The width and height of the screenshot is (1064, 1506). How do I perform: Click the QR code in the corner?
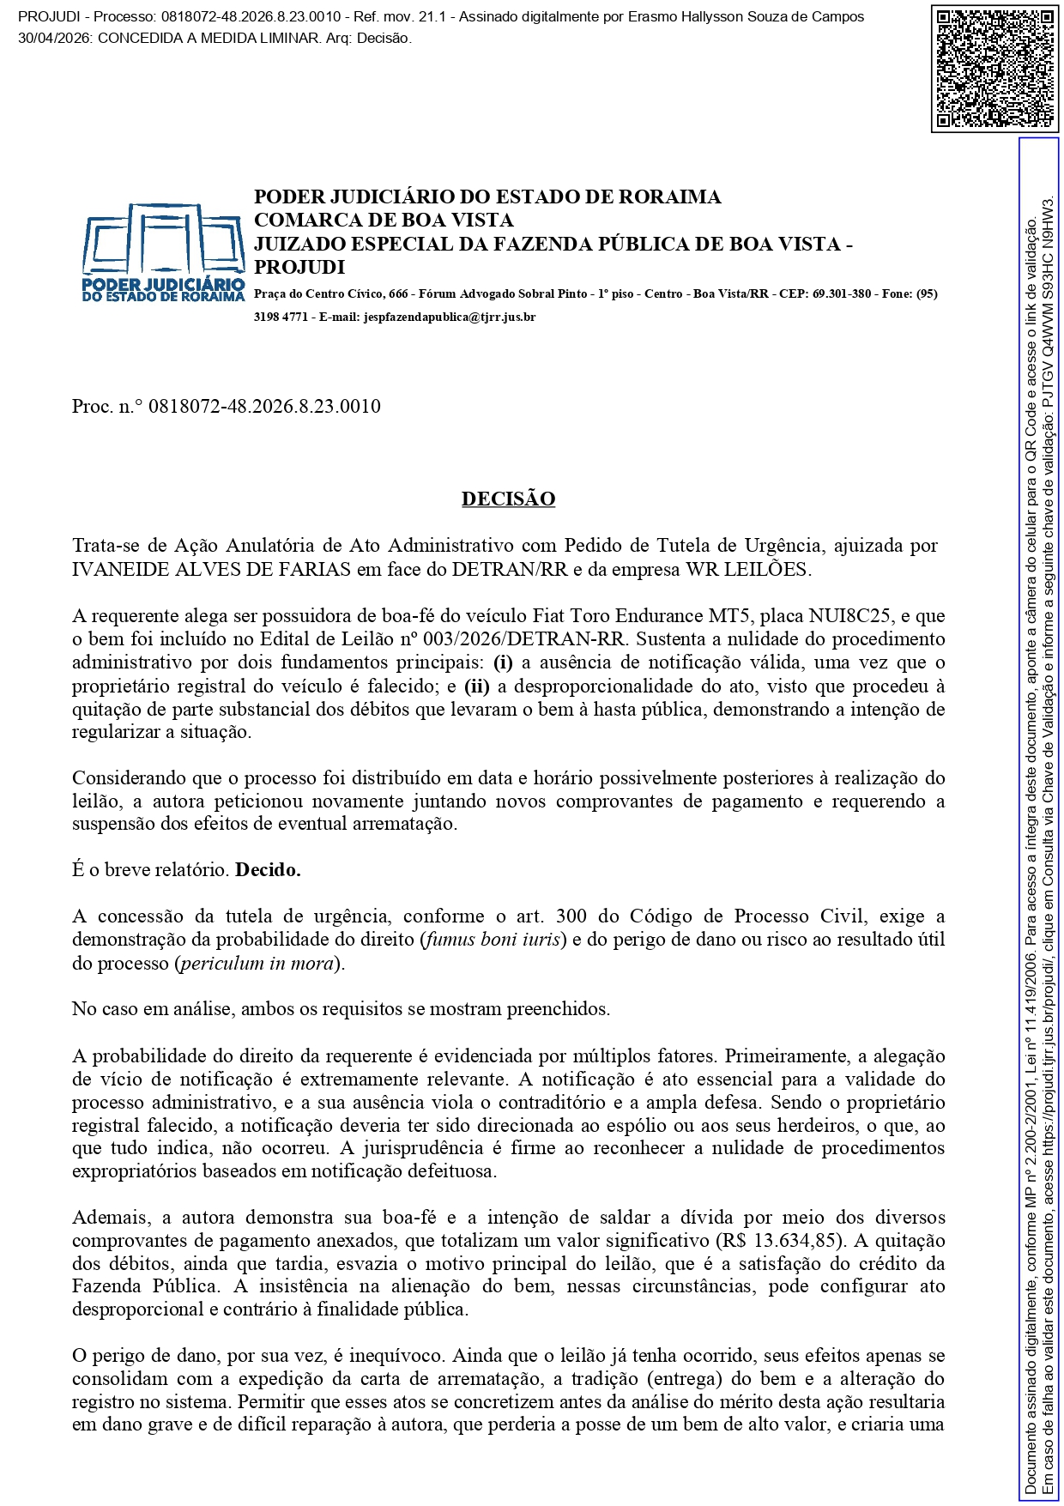click(994, 68)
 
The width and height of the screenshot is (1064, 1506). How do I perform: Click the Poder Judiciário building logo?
click(163, 251)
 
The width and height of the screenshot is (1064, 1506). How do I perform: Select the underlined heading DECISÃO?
click(508, 499)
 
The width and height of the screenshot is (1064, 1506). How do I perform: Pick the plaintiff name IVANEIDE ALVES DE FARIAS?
click(211, 569)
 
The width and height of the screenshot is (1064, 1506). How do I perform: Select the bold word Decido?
click(268, 869)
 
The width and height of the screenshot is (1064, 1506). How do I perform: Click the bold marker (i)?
click(503, 662)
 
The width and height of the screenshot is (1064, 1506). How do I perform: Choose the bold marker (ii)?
click(476, 686)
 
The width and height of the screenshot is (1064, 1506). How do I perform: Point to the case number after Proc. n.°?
click(264, 406)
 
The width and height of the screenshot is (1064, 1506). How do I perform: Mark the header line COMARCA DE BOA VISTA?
click(384, 220)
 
